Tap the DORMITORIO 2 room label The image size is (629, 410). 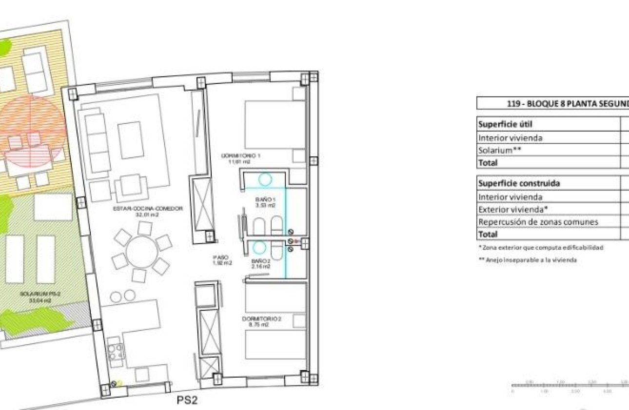[x=262, y=321]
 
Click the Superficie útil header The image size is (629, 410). [x=502, y=124]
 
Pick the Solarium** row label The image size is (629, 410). [x=500, y=150]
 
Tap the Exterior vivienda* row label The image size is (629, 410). [x=512, y=209]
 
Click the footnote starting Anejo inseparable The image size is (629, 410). [x=528, y=260]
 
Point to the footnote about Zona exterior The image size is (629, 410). [x=540, y=248]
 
